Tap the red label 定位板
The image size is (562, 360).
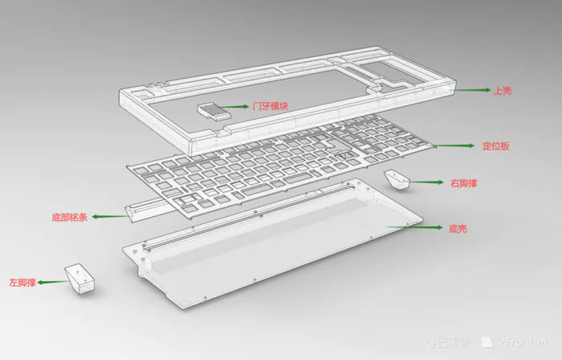pyautogui.click(x=496, y=146)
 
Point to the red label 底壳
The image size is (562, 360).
pyautogui.click(x=458, y=229)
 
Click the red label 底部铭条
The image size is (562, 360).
pyautogui.click(x=68, y=217)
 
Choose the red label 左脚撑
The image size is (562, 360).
pyautogui.click(x=22, y=282)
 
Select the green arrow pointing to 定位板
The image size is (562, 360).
pyautogui.click(x=455, y=146)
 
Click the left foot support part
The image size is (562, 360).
pyautogui.click(x=79, y=277)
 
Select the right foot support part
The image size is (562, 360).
pyautogui.click(x=397, y=179)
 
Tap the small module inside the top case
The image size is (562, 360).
pyautogui.click(x=211, y=110)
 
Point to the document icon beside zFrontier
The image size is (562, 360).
pyautogui.click(x=487, y=342)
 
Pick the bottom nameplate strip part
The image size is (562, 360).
pyautogui.click(x=153, y=205)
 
